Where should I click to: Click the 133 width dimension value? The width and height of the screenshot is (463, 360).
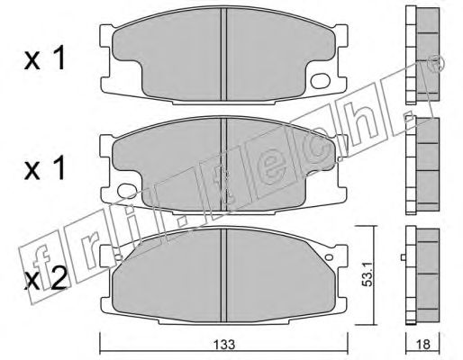[x=225, y=345]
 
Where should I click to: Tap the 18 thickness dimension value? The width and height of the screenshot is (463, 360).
[x=422, y=345]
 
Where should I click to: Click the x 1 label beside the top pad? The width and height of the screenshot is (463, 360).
[x=44, y=59]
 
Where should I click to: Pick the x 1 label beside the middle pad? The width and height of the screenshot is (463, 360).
[x=44, y=168]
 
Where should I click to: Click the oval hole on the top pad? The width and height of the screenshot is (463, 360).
[x=321, y=81]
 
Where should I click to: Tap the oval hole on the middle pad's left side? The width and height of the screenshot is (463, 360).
[x=127, y=191]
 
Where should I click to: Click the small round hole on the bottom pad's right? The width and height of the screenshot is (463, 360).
[x=330, y=257]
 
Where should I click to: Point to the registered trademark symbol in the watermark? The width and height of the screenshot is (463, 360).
[x=438, y=64]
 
